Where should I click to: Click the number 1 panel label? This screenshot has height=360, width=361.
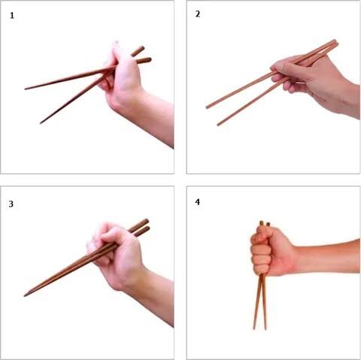[x=13, y=16]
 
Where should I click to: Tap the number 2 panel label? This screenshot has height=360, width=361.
[x=196, y=15]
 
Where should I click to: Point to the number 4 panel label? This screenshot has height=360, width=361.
[x=196, y=202]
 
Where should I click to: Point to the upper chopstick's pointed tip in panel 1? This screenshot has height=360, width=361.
[x=26, y=89]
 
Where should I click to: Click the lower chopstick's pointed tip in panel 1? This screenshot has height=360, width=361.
[x=41, y=123]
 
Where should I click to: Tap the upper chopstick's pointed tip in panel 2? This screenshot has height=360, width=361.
[x=207, y=107]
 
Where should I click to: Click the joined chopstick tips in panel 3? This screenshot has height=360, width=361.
[x=26, y=294]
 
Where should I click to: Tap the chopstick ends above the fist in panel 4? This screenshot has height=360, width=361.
[x=263, y=223]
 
